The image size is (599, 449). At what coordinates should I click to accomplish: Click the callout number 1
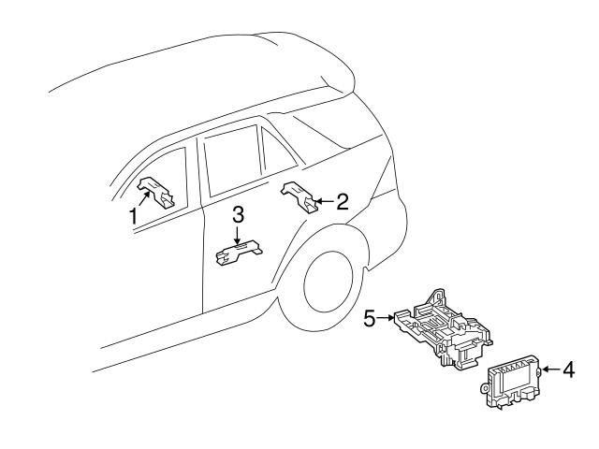pyautogui.click(x=133, y=215)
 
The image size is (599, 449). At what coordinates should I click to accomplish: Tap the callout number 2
pyautogui.click(x=343, y=200)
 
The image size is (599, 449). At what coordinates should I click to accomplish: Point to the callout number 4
pyautogui.click(x=569, y=369)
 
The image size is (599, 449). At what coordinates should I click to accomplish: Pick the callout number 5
pyautogui.click(x=371, y=319)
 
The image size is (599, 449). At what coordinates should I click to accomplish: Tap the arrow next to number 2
pyautogui.click(x=323, y=200)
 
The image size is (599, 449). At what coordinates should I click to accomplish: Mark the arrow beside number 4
pyautogui.click(x=550, y=369)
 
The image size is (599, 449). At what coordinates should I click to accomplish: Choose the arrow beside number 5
pyautogui.click(x=387, y=319)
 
